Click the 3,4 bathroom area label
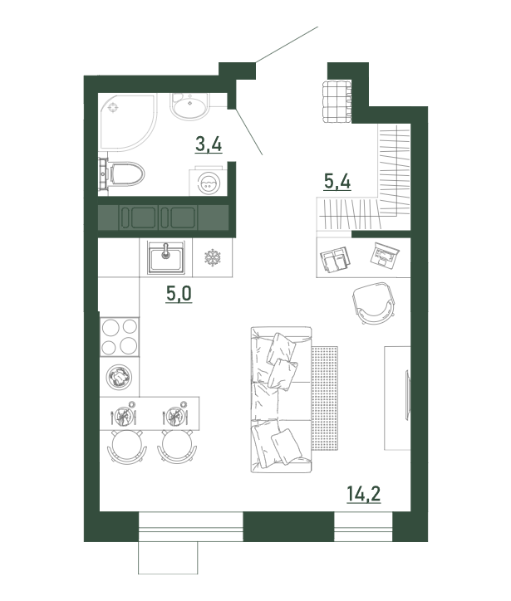209,145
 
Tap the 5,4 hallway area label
337,181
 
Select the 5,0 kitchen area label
179,294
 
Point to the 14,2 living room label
364,494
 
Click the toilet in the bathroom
122,174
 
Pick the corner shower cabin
128,122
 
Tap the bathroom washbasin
189,105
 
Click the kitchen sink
166,257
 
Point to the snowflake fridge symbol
212,257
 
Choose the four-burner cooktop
120,337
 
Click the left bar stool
127,446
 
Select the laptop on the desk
385,255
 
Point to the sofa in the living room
281,399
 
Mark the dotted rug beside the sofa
325,398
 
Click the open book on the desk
336,259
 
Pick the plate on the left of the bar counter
123,416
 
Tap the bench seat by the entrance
337,101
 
